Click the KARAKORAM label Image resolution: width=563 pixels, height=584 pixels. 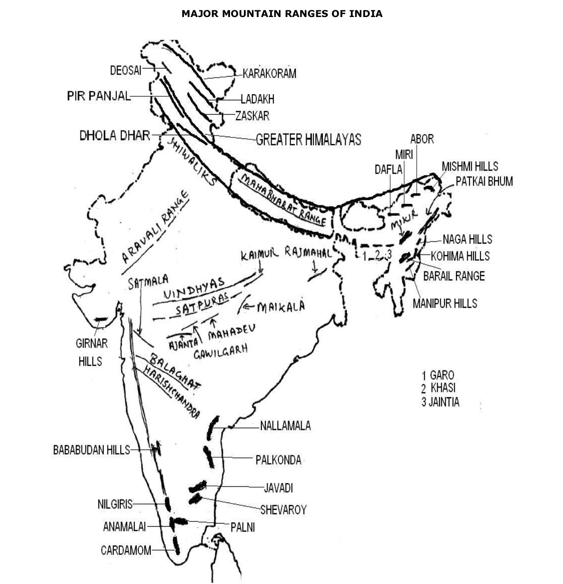269,73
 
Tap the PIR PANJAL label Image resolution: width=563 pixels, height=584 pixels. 98,96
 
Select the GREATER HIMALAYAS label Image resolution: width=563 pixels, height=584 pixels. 308,140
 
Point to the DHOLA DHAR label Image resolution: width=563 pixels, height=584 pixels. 115,135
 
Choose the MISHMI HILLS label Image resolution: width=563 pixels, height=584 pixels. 470,167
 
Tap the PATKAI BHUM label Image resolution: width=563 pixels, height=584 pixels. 484,181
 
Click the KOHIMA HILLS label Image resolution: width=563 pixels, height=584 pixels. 460,256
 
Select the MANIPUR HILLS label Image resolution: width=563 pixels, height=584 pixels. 445,303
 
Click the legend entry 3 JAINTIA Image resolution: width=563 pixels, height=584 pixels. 440,402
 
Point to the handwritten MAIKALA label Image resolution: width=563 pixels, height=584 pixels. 281,307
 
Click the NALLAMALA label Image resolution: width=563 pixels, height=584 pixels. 285,425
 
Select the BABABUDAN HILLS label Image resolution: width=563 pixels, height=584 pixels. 91,450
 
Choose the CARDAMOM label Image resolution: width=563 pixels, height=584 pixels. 126,550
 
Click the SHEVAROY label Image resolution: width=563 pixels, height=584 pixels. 283,510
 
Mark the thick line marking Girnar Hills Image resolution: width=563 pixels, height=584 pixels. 101,319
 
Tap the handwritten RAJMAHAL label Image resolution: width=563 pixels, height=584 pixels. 307,253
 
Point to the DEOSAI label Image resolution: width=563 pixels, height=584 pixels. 125,70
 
